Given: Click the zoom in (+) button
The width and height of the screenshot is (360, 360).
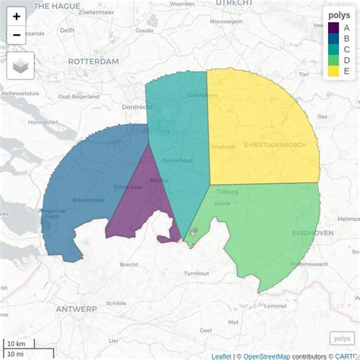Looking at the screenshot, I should pos(17,16).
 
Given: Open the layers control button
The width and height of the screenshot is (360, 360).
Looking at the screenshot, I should pos(21,66).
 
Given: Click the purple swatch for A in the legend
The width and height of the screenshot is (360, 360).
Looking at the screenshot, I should pos(333,28).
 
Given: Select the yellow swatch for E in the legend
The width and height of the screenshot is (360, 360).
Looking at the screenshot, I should pos(333,71).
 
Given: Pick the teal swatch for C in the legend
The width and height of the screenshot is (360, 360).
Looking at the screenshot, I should pos(333,50).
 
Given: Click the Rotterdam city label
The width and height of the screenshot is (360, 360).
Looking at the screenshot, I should pos(93,61).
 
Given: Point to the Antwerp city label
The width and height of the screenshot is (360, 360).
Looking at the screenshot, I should pos(76,309).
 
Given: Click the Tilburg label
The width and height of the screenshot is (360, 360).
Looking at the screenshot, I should pos(227,192).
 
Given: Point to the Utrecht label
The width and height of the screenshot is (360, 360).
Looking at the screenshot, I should pos(233,4).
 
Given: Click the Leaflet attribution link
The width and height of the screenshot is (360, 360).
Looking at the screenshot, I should pos(221,355).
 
